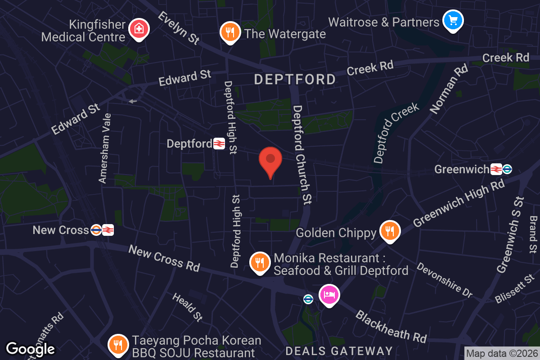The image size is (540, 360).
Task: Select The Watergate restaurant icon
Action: click(x=230, y=31)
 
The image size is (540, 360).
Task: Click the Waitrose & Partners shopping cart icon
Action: click(x=453, y=20)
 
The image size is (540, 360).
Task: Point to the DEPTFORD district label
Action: click(x=295, y=80)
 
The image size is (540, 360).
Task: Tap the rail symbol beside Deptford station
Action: click(x=219, y=144)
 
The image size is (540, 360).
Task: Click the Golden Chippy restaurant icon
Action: click(x=390, y=231)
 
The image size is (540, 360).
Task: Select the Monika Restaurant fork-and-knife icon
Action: click(x=260, y=263)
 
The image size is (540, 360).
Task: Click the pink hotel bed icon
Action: click(x=329, y=295)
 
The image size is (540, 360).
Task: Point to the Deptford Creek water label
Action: click(x=396, y=133)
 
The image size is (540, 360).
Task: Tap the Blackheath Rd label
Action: click(x=391, y=326)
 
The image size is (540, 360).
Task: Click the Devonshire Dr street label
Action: click(x=445, y=280)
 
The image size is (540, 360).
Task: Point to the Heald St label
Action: click(x=188, y=307)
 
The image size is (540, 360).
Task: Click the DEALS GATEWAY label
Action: click(x=339, y=351)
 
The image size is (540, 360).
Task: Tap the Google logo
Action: click(x=30, y=349)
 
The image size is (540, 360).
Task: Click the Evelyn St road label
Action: click(x=179, y=28)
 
